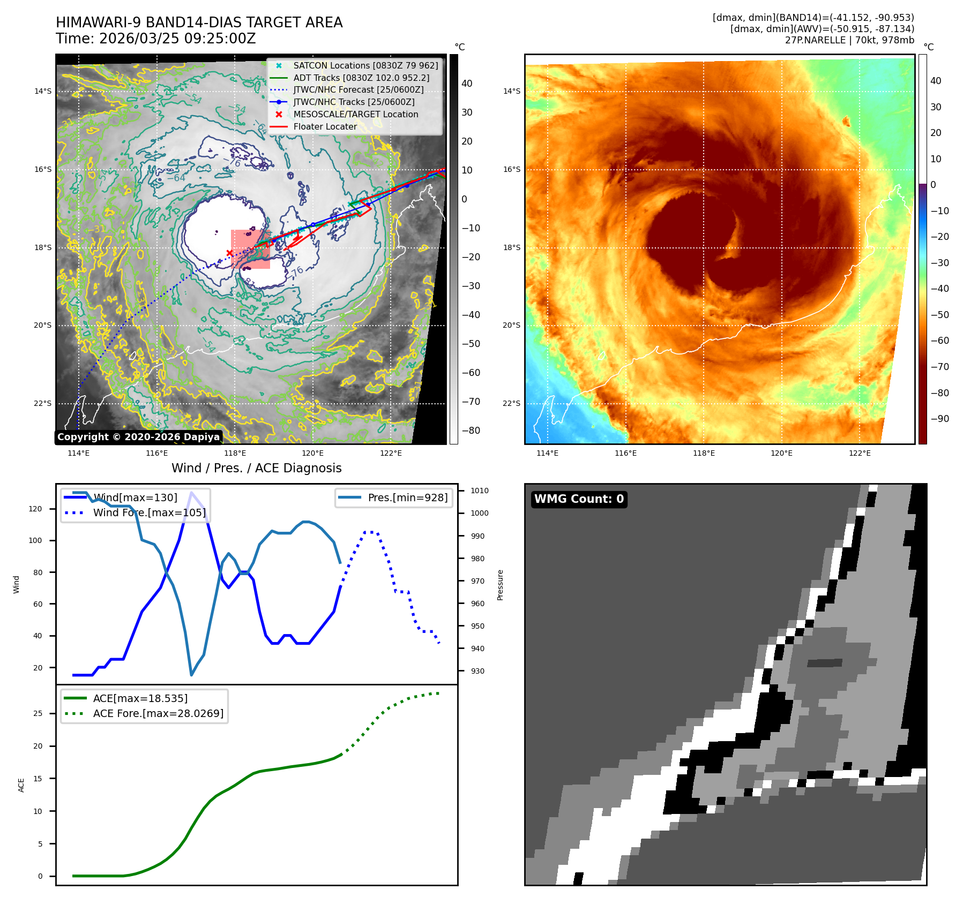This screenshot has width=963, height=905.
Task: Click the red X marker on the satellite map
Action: (x=229, y=253)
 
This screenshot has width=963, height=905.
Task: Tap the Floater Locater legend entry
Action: (x=325, y=126)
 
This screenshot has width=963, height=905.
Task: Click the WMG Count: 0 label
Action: (x=579, y=499)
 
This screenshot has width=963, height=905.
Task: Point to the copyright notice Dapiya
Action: (x=138, y=437)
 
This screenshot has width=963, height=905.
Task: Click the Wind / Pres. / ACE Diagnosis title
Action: (x=256, y=468)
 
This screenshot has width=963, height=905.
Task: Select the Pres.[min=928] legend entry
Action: (x=407, y=497)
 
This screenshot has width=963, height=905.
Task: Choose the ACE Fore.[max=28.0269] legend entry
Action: (x=158, y=713)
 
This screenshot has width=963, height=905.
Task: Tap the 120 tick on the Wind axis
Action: (x=35, y=509)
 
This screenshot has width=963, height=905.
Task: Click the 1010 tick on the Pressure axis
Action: (x=480, y=491)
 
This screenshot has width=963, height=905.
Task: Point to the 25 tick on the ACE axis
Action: (x=38, y=713)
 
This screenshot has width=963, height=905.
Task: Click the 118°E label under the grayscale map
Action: (x=235, y=453)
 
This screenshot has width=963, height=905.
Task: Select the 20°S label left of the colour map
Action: (x=511, y=325)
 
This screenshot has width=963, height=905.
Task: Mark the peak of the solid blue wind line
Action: (x=191, y=492)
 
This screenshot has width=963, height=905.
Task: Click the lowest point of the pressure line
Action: (x=191, y=675)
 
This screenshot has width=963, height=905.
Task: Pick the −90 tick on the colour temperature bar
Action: (x=939, y=419)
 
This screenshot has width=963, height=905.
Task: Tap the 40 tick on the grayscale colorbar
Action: (x=467, y=84)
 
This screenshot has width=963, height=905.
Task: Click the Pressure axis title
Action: (x=500, y=585)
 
